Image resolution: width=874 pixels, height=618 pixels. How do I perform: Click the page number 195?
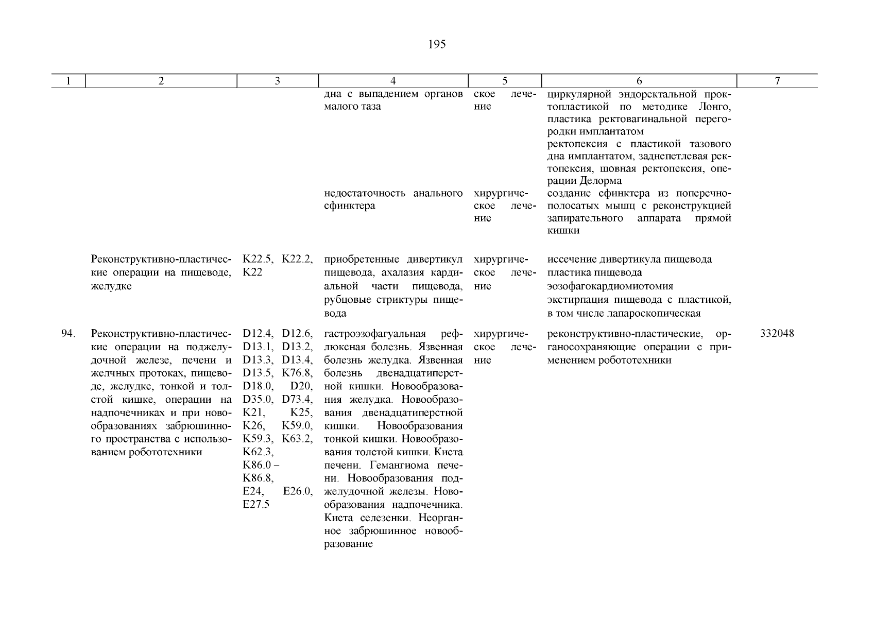click(x=436, y=45)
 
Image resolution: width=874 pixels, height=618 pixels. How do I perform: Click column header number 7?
click(x=777, y=81)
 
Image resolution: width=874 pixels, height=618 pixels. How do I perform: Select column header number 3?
click(x=277, y=81)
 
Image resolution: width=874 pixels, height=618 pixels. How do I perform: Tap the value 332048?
click(x=777, y=334)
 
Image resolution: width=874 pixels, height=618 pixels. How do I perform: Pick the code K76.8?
click(x=297, y=373)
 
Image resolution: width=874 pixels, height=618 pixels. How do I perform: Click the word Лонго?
click(x=714, y=107)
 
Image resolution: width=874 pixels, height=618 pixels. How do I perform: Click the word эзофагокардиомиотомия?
click(x=610, y=286)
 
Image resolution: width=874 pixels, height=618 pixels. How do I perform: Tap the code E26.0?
click(x=298, y=492)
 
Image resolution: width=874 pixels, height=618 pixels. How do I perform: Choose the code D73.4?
click(x=297, y=400)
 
